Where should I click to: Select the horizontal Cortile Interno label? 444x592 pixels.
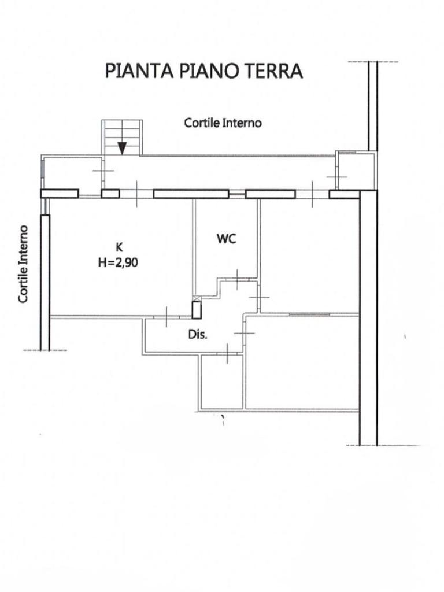[223, 123]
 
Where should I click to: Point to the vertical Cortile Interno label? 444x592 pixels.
[23, 264]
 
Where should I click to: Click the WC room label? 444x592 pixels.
[227, 239]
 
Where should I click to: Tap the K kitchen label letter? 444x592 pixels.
[119, 247]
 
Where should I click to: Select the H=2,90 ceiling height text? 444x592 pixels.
[118, 262]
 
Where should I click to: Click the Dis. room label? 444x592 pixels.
[198, 335]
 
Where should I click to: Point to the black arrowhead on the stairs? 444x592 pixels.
[121, 149]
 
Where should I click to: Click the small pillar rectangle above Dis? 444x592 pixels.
[197, 310]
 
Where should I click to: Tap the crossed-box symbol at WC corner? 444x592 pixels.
[197, 298]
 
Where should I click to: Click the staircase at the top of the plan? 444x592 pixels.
[122, 138]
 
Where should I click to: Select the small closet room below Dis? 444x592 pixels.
[221, 382]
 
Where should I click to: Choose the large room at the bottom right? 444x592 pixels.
[302, 362]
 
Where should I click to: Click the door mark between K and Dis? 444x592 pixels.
[166, 317]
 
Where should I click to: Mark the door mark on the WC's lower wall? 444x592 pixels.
[236, 279]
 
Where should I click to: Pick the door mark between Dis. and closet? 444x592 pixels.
[227, 354]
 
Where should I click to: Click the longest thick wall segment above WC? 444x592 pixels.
[191, 194]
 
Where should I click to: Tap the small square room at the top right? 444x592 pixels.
[356, 170]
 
